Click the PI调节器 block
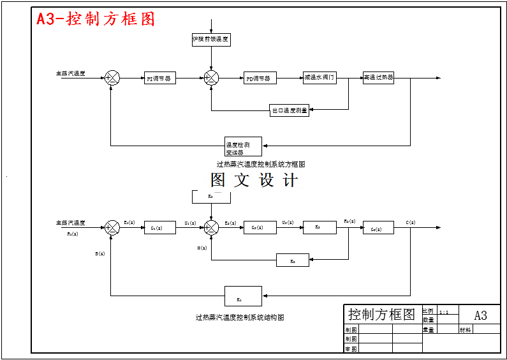click(x=159, y=79)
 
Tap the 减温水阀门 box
click(x=320, y=78)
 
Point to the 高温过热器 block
click(x=378, y=78)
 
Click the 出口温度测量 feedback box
click(x=290, y=110)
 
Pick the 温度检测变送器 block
click(x=243, y=147)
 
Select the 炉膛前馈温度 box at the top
click(x=211, y=40)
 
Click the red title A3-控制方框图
click(x=96, y=19)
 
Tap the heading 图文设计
click(x=254, y=181)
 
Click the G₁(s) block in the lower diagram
click(x=159, y=227)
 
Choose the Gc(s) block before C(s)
click(x=378, y=227)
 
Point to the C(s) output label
click(x=410, y=222)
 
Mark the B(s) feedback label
click(x=100, y=254)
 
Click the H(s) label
click(x=202, y=248)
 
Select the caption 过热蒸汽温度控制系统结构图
click(x=239, y=317)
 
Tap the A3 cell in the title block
click(x=480, y=315)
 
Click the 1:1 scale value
click(x=444, y=313)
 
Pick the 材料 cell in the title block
click(x=466, y=330)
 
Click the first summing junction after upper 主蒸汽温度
click(x=112, y=78)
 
